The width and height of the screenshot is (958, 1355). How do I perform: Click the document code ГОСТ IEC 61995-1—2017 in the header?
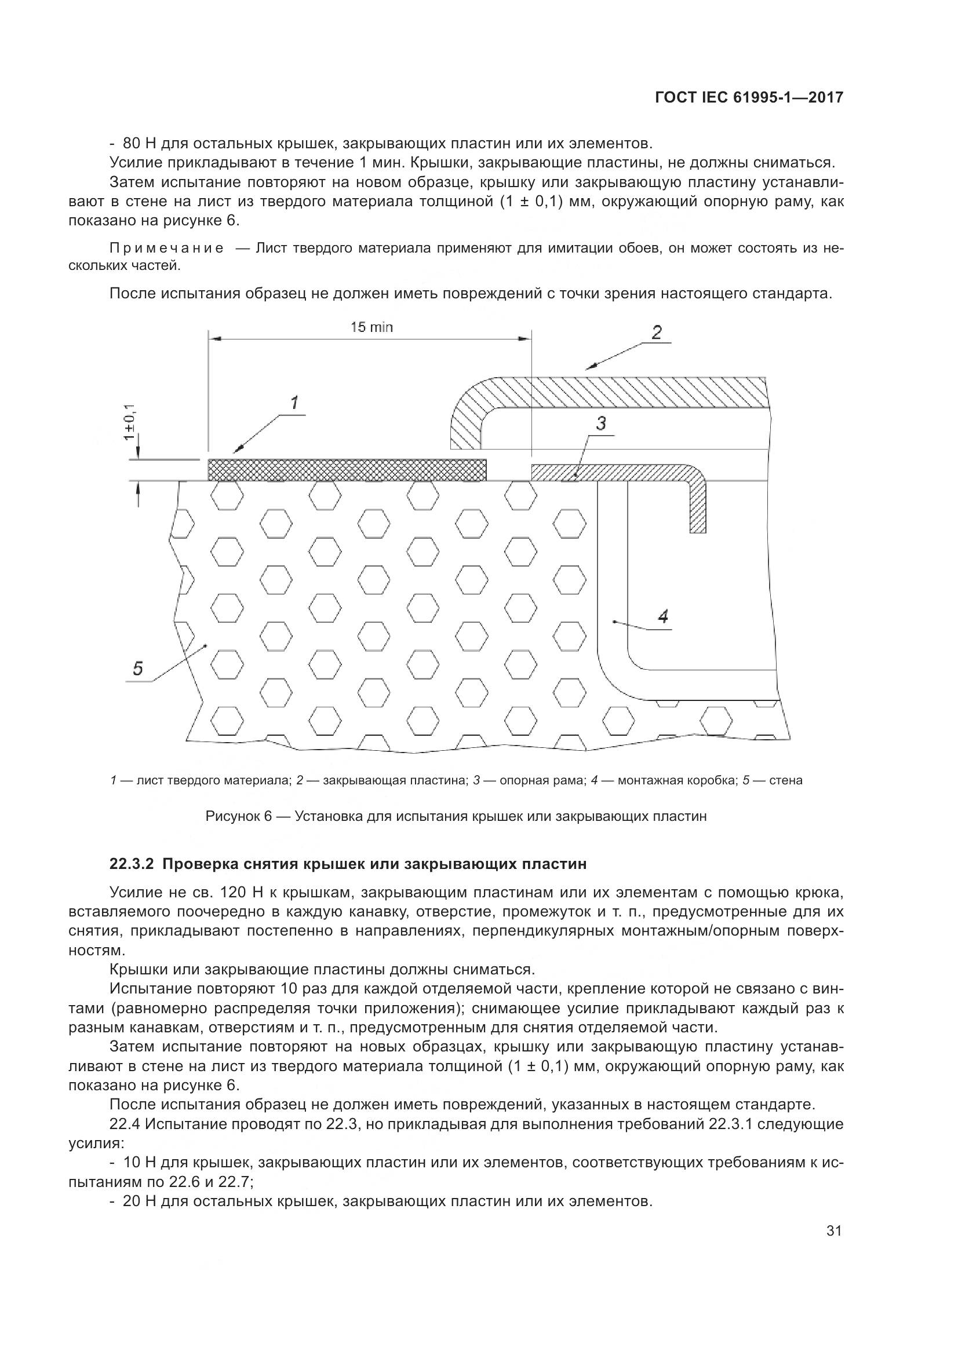tap(748, 98)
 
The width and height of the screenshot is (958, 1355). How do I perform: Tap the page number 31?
tap(833, 1248)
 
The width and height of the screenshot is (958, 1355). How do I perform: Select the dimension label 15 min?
tap(371, 326)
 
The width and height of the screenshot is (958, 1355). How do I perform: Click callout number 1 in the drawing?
tap(293, 403)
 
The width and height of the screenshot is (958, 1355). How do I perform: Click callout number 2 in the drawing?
tap(657, 332)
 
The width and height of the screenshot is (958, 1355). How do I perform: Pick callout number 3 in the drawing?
tap(600, 423)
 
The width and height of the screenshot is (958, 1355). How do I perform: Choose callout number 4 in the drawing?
tap(662, 617)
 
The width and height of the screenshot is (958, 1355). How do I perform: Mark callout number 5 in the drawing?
tap(137, 668)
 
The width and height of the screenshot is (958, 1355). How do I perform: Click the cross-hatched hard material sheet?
tap(348, 470)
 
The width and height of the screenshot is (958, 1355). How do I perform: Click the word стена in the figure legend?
tap(786, 780)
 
